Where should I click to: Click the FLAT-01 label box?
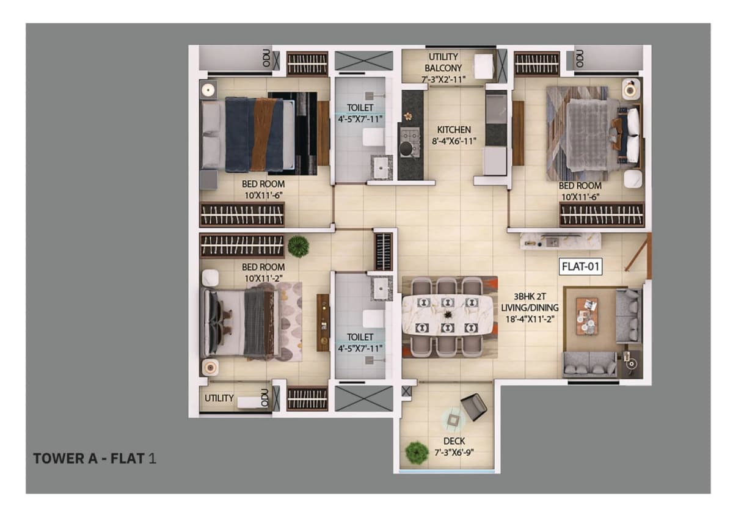[x=580, y=267]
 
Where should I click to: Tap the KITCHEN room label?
[x=454, y=129]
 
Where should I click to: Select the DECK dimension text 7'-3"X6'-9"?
[x=454, y=453]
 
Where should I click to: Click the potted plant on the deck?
[x=417, y=453]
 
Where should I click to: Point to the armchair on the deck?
[x=473, y=407]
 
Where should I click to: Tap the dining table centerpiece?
[x=447, y=315]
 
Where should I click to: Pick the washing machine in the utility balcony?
[x=484, y=67]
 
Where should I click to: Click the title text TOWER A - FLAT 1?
[x=95, y=459]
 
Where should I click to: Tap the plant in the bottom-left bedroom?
[x=298, y=246]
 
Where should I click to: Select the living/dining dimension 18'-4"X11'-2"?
[x=530, y=319]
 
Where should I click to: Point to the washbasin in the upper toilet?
[x=381, y=167]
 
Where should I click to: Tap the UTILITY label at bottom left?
[x=219, y=398]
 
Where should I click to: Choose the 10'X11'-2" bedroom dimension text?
[x=263, y=278]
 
